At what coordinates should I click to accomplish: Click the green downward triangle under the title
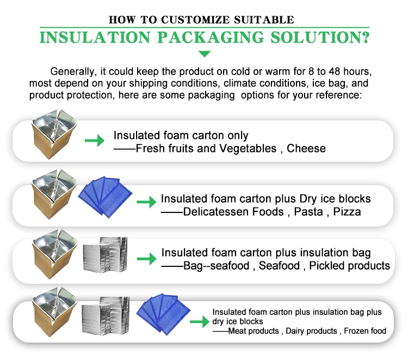(204, 53)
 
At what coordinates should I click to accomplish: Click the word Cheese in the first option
(306, 148)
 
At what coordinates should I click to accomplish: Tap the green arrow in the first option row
(95, 141)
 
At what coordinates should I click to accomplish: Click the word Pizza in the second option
(347, 211)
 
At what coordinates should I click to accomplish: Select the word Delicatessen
(233, 211)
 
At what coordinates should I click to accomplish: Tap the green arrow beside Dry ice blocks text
(146, 203)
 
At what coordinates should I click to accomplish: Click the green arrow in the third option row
(146, 258)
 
